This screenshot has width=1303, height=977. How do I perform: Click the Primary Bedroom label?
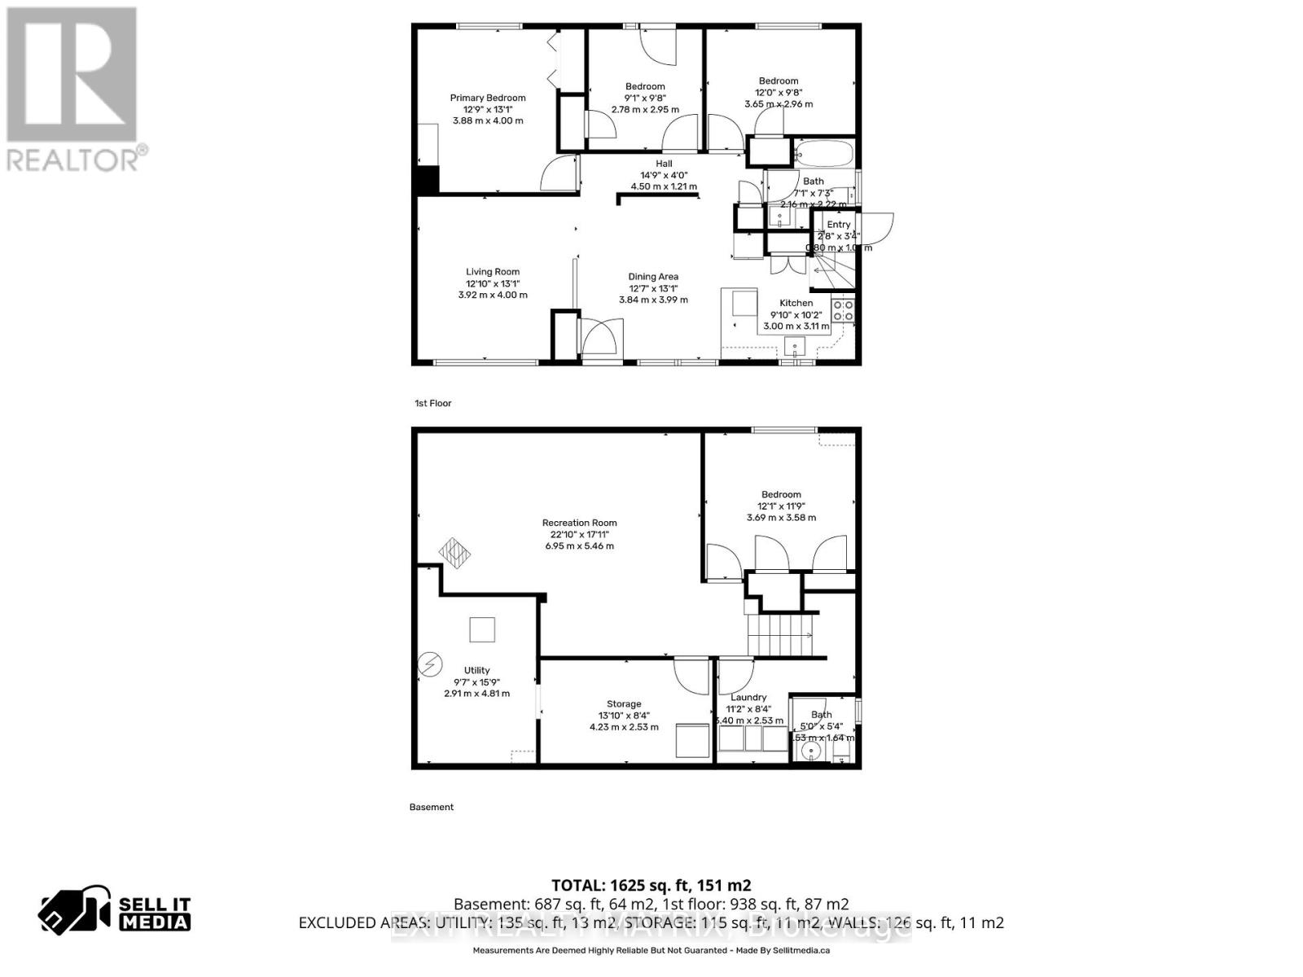(x=488, y=99)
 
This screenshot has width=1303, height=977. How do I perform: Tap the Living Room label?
(x=493, y=272)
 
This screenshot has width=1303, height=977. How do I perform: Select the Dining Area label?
(x=653, y=277)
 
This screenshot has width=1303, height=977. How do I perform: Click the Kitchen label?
(x=796, y=303)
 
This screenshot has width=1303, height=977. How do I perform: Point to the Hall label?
(x=664, y=164)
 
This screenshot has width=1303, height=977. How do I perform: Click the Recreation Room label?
(x=580, y=523)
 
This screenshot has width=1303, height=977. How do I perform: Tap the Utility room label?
(x=477, y=670)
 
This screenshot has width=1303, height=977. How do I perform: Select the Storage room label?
(x=624, y=704)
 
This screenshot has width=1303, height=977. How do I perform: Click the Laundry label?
(x=748, y=698)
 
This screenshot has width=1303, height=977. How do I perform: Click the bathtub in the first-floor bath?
(x=823, y=152)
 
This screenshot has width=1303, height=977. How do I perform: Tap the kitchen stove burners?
(x=843, y=310)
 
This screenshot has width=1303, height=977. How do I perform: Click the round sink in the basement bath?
(x=809, y=750)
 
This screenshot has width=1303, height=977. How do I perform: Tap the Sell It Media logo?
(x=115, y=913)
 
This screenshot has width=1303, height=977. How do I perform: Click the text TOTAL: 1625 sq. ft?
(x=651, y=885)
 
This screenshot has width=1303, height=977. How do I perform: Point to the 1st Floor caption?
(x=433, y=403)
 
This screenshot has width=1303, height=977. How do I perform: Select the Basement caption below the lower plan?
(x=432, y=807)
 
